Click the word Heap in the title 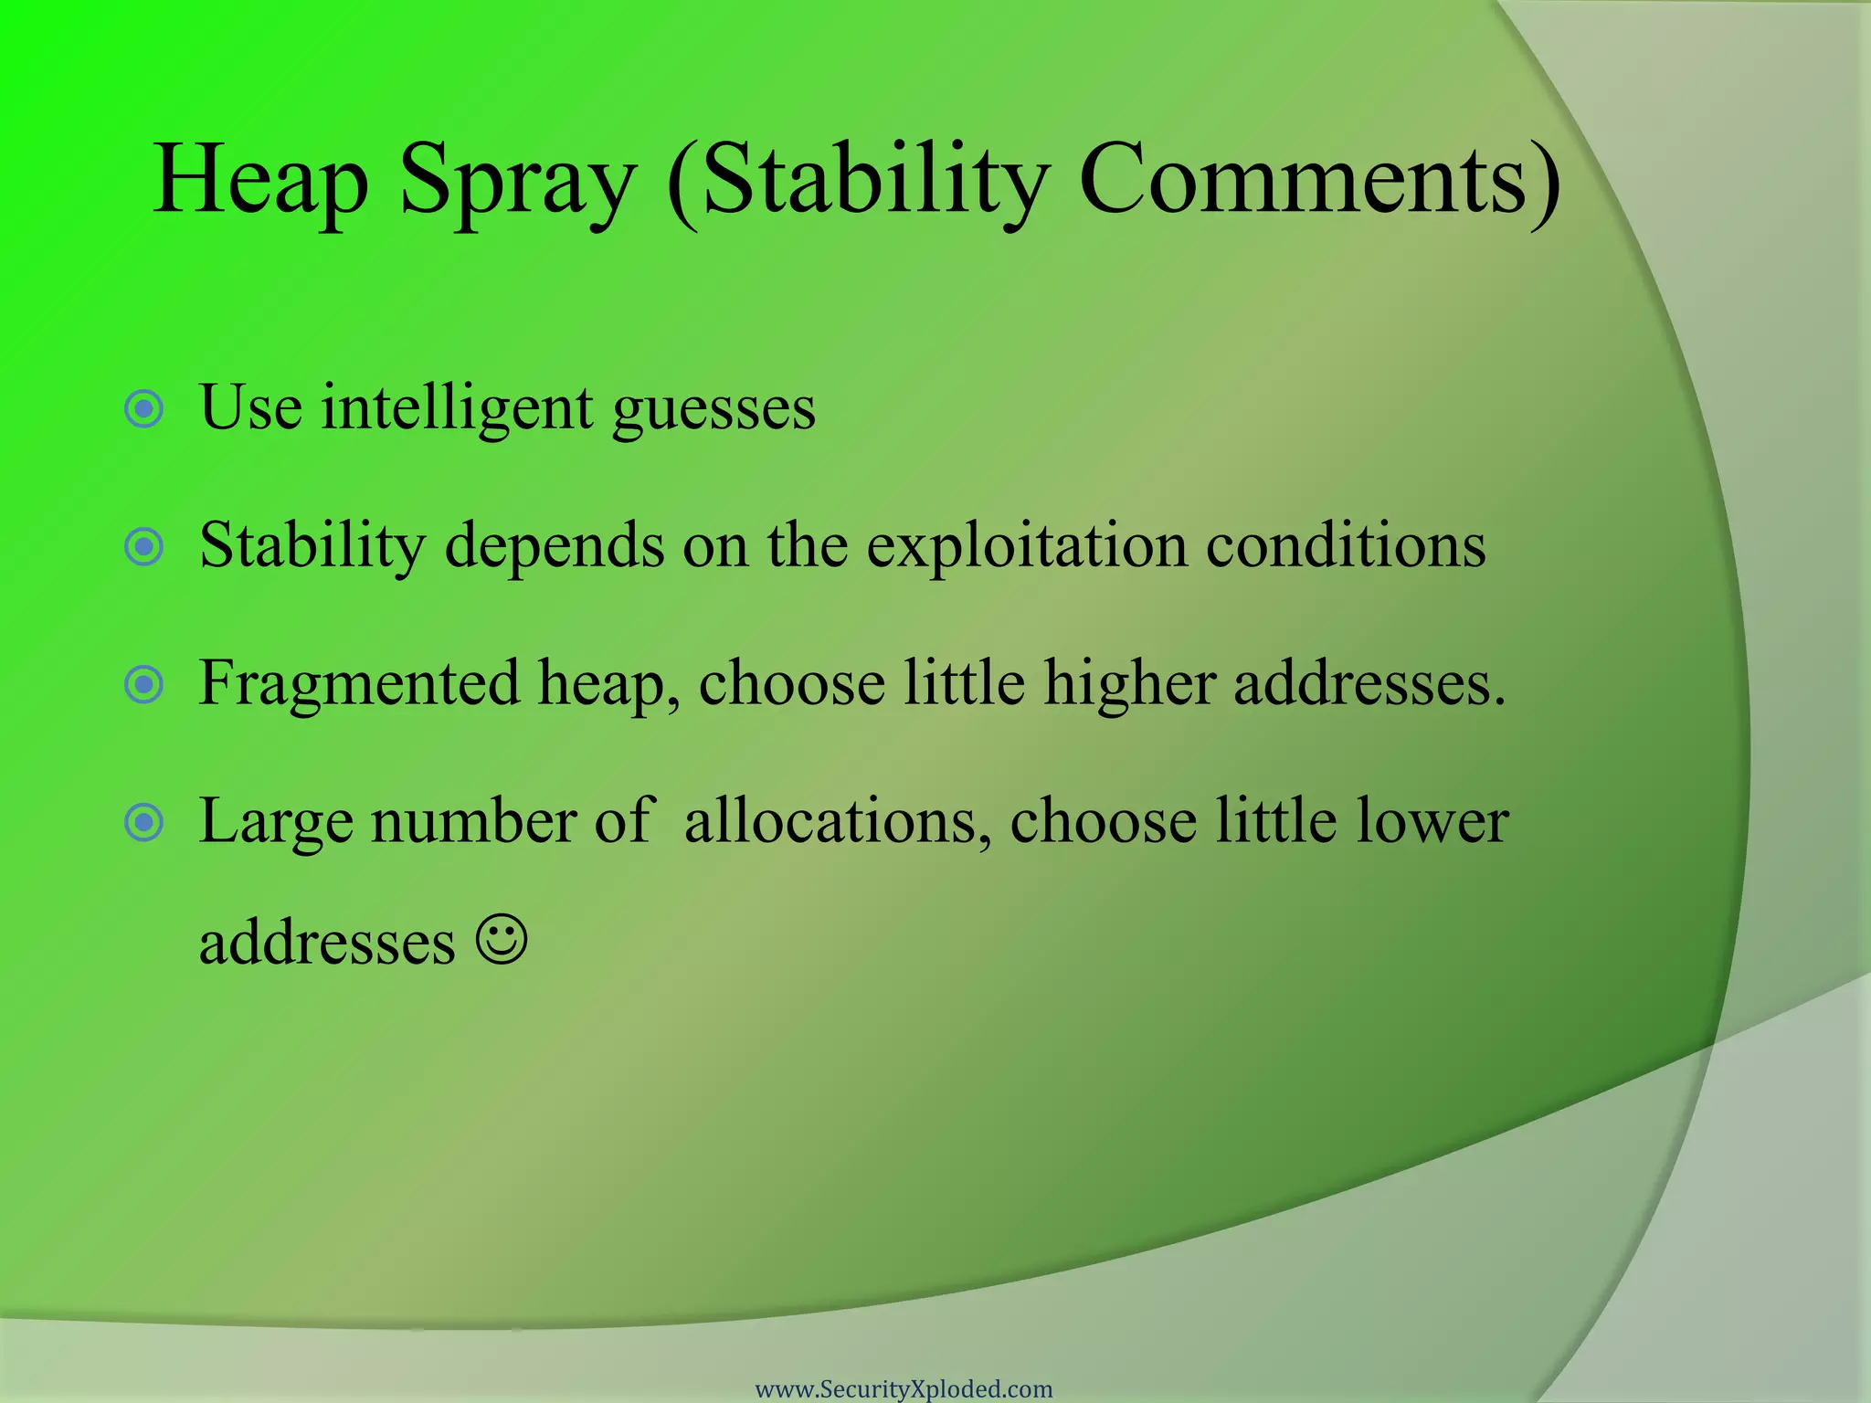(x=261, y=180)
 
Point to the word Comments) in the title (x=1319, y=180)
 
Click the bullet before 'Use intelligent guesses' (x=143, y=409)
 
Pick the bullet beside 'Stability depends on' (x=143, y=547)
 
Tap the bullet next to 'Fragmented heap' (x=143, y=685)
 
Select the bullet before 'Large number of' (x=143, y=823)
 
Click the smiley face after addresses (x=502, y=940)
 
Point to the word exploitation (x=1027, y=546)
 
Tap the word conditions (x=1346, y=545)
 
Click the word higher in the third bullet (x=1129, y=684)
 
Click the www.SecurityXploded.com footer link (x=904, y=1389)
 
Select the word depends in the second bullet (x=555, y=547)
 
